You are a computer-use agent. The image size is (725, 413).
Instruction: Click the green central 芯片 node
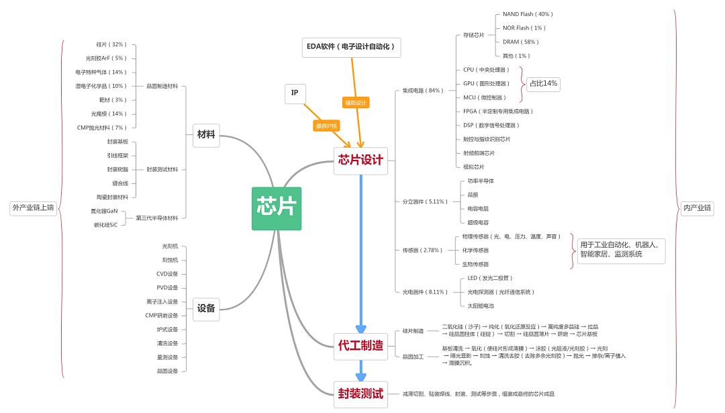(x=277, y=208)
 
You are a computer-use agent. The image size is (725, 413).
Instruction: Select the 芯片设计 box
(x=360, y=160)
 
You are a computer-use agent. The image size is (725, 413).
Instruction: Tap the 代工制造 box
(x=360, y=345)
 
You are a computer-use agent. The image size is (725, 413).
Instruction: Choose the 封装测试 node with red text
(x=360, y=394)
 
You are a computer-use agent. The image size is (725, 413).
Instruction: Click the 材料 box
(x=206, y=135)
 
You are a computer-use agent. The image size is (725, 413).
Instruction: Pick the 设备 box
(x=206, y=309)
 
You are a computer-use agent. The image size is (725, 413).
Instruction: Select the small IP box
(x=295, y=93)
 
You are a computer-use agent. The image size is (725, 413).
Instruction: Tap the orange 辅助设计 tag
(x=356, y=103)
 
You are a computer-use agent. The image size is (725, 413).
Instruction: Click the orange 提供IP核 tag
(x=328, y=126)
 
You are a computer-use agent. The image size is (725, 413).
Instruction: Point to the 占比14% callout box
(x=543, y=84)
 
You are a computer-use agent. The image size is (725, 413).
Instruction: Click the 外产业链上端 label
(x=33, y=208)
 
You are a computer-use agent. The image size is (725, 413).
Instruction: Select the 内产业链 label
(x=696, y=208)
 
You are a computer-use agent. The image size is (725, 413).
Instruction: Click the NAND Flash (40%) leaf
(x=528, y=14)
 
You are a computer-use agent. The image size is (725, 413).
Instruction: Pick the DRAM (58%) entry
(x=520, y=42)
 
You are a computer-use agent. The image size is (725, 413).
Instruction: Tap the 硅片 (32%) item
(x=111, y=44)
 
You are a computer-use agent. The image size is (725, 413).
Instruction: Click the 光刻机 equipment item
(x=170, y=246)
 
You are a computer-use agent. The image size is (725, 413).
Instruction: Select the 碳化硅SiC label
(x=105, y=225)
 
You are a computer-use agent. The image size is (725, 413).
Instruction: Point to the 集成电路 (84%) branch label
(x=422, y=91)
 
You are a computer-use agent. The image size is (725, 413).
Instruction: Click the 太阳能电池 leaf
(x=481, y=306)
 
